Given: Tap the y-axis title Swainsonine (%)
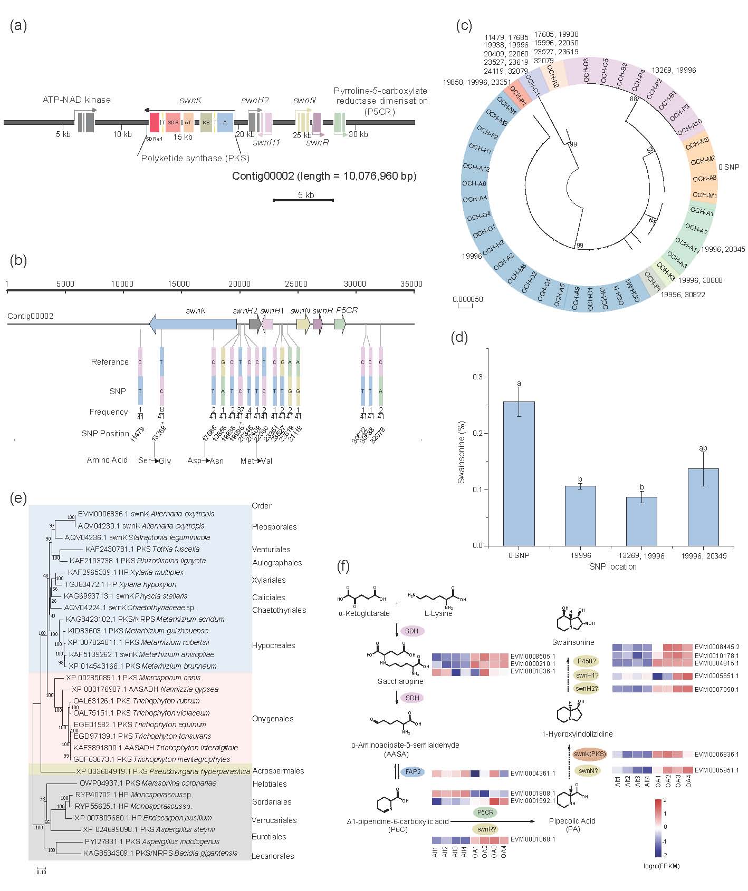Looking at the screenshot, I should [462, 452].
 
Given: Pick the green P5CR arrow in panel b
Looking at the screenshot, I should [340, 324].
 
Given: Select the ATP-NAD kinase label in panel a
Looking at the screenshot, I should [76, 100].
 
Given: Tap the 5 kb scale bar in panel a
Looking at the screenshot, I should [303, 200].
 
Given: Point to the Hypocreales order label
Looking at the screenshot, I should [273, 645].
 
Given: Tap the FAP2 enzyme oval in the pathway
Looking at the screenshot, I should [413, 772].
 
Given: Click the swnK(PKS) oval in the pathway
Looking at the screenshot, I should [590, 754].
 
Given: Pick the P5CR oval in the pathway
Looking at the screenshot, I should [485, 812].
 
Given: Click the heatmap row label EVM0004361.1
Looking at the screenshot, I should [532, 773].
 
